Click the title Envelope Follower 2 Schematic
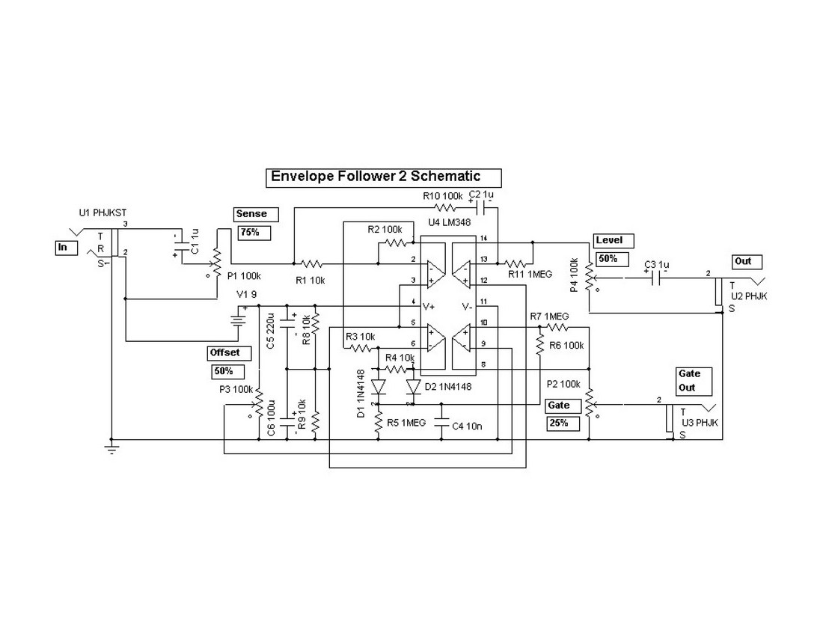[383, 177]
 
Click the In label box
[64, 247]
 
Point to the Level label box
[614, 241]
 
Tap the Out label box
[746, 262]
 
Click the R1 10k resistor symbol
[311, 263]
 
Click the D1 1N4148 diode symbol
[378, 387]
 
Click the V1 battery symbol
[239, 320]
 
